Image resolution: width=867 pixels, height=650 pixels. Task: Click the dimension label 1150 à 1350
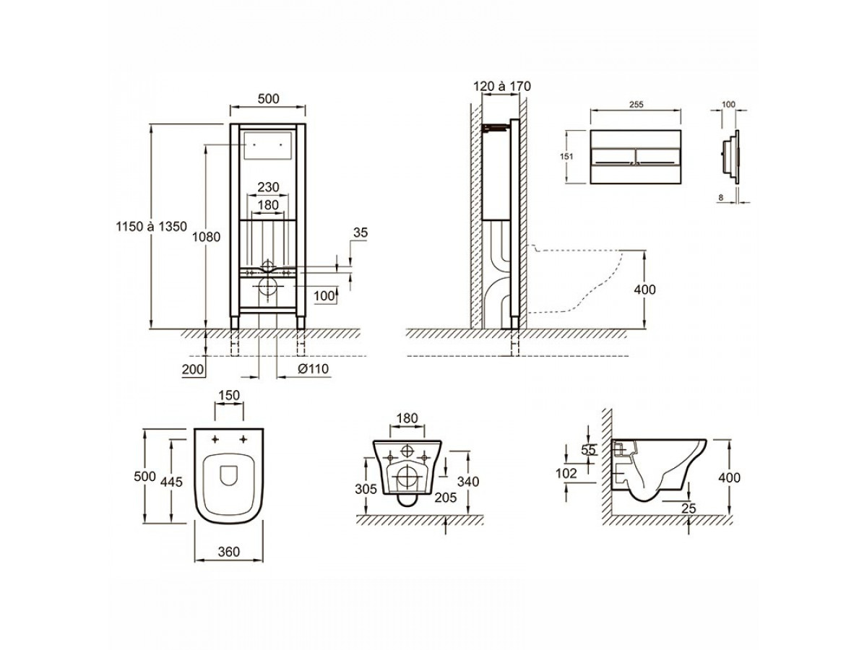[x=151, y=227]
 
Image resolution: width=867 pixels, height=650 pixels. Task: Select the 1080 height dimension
[x=206, y=237]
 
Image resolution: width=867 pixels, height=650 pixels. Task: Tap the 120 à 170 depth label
[x=502, y=87]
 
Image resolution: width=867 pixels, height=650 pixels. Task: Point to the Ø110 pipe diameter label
[x=314, y=368]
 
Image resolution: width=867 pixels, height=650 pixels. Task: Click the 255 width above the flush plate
[x=637, y=105]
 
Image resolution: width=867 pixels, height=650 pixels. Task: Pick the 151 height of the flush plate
[x=566, y=156]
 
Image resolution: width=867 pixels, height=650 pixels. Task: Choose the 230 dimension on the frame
[x=268, y=186]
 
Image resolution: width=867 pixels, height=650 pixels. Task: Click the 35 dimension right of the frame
[x=361, y=233]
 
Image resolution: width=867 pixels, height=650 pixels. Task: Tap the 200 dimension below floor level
[x=193, y=369]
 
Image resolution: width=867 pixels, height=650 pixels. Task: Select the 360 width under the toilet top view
[x=229, y=551]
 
